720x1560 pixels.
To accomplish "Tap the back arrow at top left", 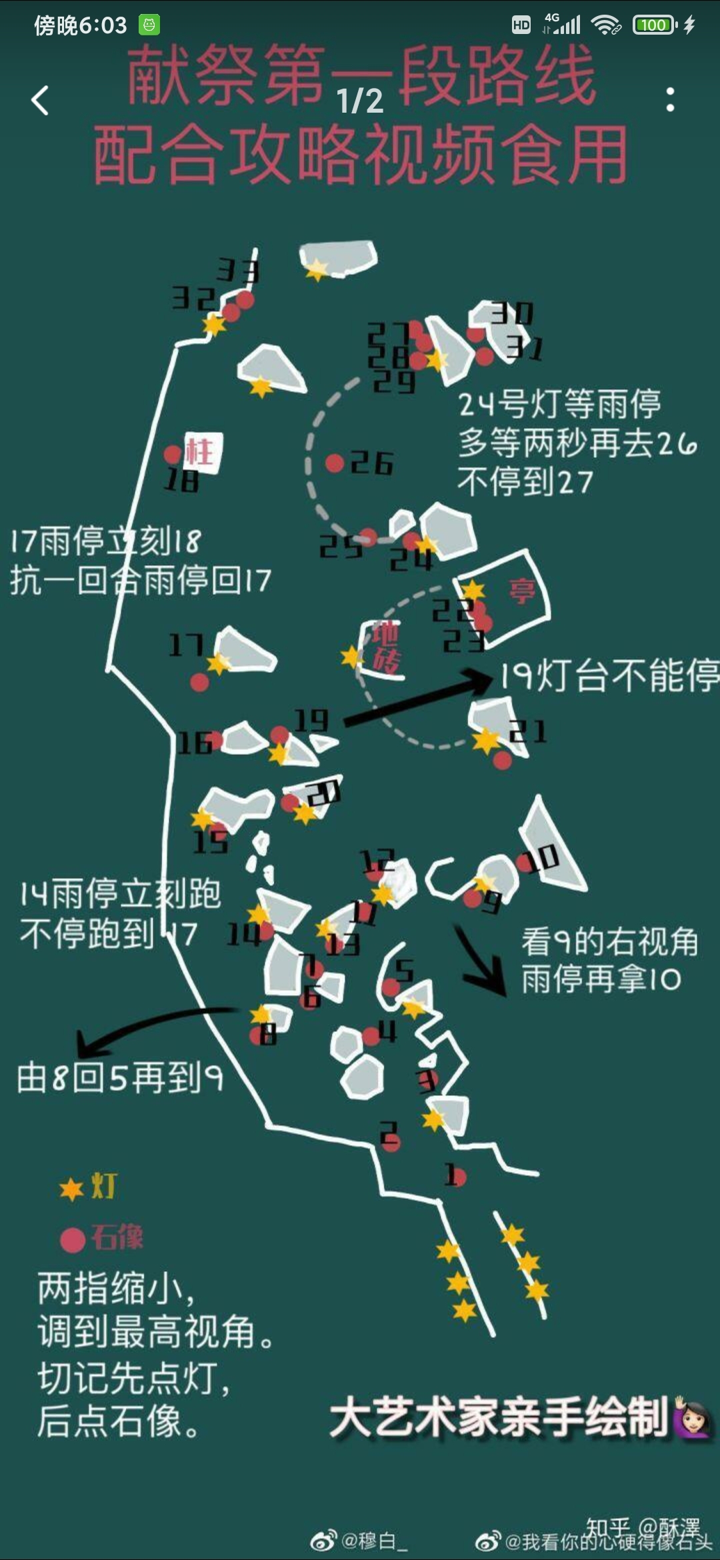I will pos(40,101).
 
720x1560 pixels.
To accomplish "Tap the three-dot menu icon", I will pos(670,100).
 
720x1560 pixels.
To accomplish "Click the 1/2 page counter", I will pos(360,101).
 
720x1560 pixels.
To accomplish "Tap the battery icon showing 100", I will pos(654,25).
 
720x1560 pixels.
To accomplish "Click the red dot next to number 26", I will pos(335,463).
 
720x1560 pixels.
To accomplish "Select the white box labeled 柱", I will pos(202,452).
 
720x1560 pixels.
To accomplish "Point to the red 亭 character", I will pos(522,591).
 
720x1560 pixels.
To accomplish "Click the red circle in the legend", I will pos(73,1240).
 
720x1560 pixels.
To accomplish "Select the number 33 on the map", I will pos(238,271).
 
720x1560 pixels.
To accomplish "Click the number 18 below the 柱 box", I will pos(181,480).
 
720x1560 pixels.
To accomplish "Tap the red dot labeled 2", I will pos(391,1143).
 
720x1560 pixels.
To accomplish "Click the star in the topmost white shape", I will pos(316,269).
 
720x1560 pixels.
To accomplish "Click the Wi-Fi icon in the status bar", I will pos(605,25).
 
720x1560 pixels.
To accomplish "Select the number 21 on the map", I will pos(528,731).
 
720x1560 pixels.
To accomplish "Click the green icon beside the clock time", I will pos(149,25).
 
